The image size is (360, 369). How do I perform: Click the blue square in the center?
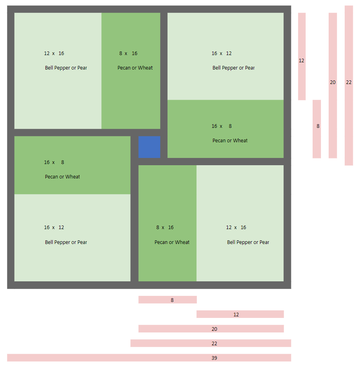coord(149,147)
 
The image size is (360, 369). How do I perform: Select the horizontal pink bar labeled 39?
coord(149,358)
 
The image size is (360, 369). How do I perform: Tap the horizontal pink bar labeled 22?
coord(211,343)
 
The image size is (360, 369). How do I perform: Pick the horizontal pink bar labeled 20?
coord(211,329)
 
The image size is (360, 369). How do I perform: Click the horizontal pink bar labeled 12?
coord(240,314)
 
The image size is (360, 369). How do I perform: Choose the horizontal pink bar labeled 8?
coord(168,300)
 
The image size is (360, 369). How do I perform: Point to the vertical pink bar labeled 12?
coord(302,56)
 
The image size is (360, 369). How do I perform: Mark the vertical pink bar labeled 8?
coord(317,129)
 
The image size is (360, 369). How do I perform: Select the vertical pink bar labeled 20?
coord(333,85)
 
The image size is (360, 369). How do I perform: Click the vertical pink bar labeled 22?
coord(349,85)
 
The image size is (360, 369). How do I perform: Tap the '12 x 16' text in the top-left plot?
coord(54,53)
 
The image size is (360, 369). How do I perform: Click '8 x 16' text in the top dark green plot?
coord(128,53)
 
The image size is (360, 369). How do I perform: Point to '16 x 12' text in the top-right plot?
coord(221,53)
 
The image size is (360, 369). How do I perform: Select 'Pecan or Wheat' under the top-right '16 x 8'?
coord(230,141)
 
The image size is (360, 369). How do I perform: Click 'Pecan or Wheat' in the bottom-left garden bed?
coord(62,177)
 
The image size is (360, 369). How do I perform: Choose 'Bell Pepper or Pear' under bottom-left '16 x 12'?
coord(66,242)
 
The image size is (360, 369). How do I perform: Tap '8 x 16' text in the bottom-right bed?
coord(165,228)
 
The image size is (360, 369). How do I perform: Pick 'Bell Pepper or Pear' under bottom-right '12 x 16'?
coord(248,242)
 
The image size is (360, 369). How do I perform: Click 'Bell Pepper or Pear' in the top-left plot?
coord(66,68)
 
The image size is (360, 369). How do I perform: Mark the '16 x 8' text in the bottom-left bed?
coord(54,162)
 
